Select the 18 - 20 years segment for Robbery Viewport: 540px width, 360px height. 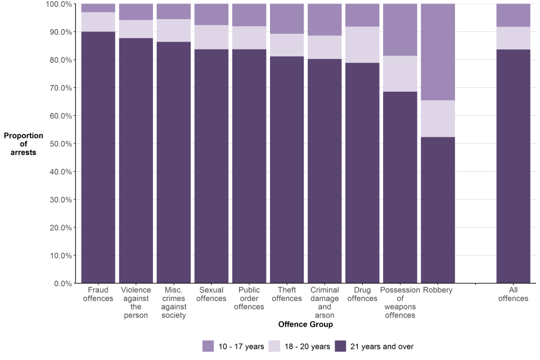tap(438, 119)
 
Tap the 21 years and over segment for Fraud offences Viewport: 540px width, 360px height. tap(98, 157)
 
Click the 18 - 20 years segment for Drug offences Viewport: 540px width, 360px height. tap(362, 45)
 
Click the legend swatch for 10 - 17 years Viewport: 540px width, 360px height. tap(208, 346)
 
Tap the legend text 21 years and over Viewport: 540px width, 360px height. tap(381, 346)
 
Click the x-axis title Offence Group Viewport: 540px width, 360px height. tap(305, 325)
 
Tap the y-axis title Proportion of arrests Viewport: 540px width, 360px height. tap(23, 144)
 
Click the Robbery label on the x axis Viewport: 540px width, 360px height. tap(438, 290)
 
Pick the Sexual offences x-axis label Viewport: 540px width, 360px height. tap(211, 294)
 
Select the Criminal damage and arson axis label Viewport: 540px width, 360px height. tap(325, 303)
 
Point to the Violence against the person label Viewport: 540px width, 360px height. tap(136, 303)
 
